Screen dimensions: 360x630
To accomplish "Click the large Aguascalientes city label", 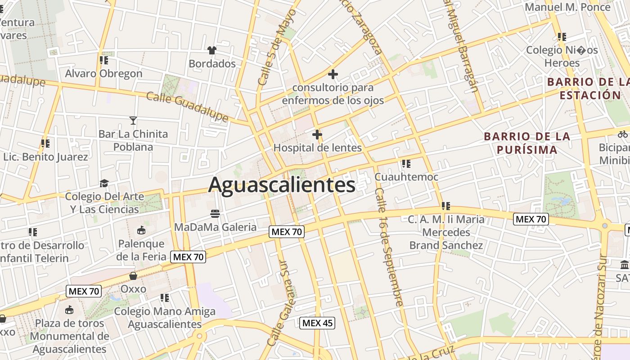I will [282, 185].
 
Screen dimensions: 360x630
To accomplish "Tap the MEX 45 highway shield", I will [317, 323].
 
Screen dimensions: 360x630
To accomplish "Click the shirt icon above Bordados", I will [212, 50].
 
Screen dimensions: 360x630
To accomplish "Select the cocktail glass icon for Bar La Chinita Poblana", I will [133, 120].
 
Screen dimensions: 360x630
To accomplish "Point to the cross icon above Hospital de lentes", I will [317, 134].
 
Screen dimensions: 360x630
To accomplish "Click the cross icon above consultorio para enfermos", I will [333, 74].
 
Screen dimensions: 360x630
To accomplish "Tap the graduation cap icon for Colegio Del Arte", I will [104, 183].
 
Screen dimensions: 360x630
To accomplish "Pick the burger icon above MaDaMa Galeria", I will [215, 213].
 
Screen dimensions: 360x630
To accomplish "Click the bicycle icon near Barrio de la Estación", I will [623, 134].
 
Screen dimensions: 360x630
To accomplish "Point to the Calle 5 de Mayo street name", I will [276, 47].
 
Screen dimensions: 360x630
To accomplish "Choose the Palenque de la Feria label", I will [141, 250].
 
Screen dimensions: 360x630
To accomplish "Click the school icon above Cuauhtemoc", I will [406, 163].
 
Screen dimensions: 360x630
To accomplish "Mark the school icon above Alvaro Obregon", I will [104, 60].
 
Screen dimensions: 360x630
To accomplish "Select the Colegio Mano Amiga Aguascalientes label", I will [165, 318].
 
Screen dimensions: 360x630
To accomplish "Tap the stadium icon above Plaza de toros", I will [69, 310].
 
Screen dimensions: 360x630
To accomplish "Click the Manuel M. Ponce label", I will [568, 7].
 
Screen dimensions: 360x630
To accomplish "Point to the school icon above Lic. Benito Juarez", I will [45, 144].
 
